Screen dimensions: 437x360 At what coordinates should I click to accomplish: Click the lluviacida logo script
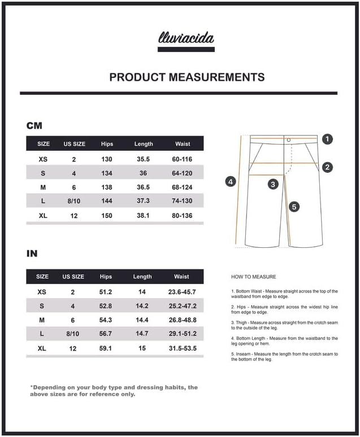point(186,38)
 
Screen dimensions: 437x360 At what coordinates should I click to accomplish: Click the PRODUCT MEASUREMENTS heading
point(187,77)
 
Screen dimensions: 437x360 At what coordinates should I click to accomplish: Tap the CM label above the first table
point(34,126)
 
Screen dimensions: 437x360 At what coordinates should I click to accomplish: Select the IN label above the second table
point(32,254)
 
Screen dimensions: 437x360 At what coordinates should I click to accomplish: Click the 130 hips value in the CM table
point(106,159)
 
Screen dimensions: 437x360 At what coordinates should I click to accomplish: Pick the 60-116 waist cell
point(183,159)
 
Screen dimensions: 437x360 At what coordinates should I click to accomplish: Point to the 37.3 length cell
point(144,201)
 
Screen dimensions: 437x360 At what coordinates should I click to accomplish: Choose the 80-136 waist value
point(183,215)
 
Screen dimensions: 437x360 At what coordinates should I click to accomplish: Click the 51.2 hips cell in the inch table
point(106,292)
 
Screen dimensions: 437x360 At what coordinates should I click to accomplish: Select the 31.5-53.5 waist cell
point(182,348)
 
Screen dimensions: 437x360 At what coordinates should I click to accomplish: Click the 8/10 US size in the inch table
point(73,334)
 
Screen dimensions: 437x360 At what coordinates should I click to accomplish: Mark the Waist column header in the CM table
point(183,144)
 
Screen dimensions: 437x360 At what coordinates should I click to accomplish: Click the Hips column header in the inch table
point(106,277)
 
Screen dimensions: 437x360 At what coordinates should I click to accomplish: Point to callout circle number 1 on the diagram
point(328,139)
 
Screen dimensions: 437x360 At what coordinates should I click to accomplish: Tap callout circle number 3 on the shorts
point(273,184)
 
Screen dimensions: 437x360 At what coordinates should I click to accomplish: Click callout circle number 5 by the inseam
point(293,207)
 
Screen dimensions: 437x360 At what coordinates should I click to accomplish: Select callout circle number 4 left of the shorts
point(230,181)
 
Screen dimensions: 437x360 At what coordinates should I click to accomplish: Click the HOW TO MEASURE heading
point(254,277)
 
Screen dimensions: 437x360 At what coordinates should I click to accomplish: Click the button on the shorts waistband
point(288,139)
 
